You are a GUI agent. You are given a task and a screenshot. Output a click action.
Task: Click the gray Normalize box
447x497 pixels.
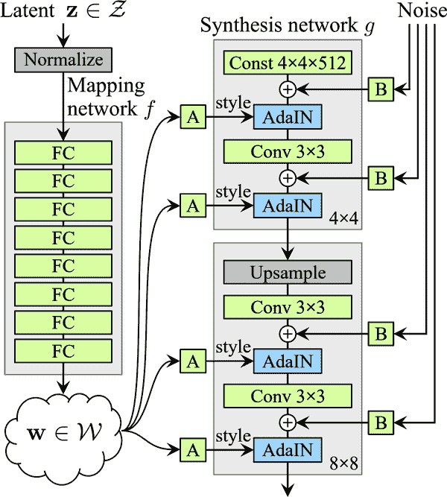(x=63, y=60)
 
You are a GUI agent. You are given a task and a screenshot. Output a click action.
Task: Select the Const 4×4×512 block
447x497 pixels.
(x=287, y=64)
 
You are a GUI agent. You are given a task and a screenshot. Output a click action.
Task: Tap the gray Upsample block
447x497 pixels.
(x=287, y=273)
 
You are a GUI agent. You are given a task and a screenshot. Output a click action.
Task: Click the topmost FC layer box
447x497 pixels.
(x=63, y=153)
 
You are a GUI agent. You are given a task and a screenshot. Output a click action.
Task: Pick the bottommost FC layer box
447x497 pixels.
(x=63, y=350)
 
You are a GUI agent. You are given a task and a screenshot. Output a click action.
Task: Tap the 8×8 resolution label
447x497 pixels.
(x=343, y=465)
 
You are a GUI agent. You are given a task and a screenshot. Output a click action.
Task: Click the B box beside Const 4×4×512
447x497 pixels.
(x=380, y=89)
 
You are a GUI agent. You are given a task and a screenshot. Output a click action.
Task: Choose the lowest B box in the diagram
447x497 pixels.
(x=380, y=422)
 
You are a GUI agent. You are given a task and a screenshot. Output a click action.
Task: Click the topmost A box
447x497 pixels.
(x=193, y=116)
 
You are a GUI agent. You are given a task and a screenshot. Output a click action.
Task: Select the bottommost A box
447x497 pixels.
(x=193, y=449)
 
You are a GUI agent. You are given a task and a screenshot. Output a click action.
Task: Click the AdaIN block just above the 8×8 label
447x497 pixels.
(x=287, y=449)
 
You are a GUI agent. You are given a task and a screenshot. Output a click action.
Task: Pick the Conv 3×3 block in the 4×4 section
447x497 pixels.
(x=287, y=152)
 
